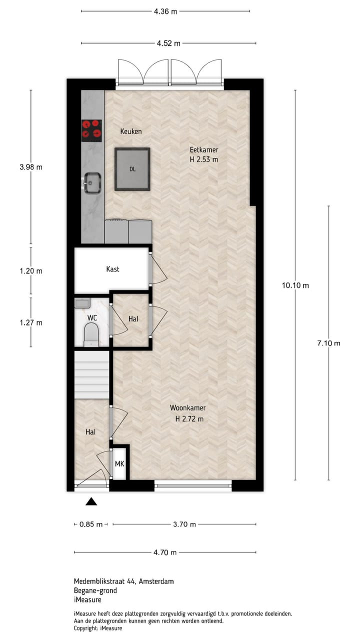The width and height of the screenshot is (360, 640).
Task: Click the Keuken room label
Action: click(x=131, y=131)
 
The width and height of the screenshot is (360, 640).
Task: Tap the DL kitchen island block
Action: click(x=132, y=169)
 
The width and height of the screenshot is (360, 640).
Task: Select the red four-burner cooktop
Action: click(x=91, y=129)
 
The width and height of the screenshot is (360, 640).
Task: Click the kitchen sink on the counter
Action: click(x=92, y=182)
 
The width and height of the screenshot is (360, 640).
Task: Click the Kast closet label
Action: click(x=113, y=269)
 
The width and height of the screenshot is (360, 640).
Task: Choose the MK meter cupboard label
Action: click(x=119, y=464)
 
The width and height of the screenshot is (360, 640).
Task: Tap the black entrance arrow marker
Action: click(x=91, y=501)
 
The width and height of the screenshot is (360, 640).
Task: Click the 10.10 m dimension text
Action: click(x=295, y=285)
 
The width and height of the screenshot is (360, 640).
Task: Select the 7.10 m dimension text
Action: click(x=328, y=343)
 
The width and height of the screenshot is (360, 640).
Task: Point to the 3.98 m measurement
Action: click(x=30, y=167)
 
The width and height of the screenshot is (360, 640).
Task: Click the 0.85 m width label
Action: click(x=91, y=524)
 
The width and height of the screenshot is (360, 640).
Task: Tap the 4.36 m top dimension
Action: click(x=165, y=11)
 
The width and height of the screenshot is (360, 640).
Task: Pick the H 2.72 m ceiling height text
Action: click(x=189, y=419)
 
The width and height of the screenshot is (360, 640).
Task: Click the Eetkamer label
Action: click(x=204, y=150)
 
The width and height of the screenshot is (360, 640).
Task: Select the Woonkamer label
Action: click(x=187, y=408)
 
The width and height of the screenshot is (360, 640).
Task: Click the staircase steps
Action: click(x=92, y=374)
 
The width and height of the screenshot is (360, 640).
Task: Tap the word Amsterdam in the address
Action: click(x=156, y=581)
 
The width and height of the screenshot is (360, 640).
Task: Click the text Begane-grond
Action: click(x=95, y=590)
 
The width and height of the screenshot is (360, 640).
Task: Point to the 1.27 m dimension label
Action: click(x=30, y=322)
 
